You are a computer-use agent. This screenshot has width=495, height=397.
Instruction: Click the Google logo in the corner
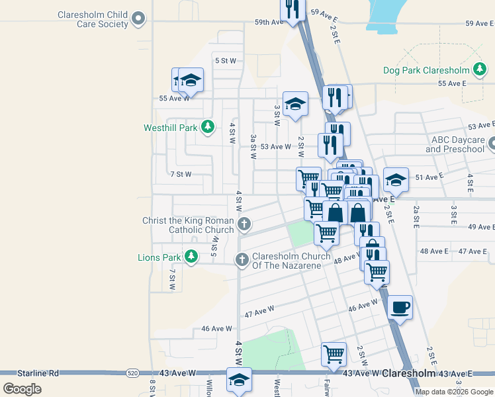point(22,388)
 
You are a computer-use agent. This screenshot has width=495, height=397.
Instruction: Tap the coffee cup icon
point(400,307)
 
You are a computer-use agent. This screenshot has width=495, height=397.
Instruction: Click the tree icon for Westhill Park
point(208,126)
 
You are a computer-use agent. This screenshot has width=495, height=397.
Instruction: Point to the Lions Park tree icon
point(191,256)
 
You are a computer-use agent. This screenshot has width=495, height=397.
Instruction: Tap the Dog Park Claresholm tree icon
point(480,69)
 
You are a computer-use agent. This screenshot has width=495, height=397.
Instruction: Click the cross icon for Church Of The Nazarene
point(243,260)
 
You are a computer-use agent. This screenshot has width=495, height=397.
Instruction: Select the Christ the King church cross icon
point(244,224)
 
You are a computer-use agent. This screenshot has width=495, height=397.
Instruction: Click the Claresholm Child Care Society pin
point(138,19)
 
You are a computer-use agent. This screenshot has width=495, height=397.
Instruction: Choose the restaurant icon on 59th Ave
point(292,9)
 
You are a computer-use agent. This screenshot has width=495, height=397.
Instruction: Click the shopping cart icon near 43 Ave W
point(334,353)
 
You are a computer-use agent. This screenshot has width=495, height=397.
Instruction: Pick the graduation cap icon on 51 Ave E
point(396,179)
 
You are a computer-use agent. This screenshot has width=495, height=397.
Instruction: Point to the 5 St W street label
point(226,61)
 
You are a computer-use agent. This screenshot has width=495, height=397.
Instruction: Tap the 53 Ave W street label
point(275,147)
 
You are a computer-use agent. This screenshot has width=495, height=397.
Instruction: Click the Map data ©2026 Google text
point(454,392)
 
